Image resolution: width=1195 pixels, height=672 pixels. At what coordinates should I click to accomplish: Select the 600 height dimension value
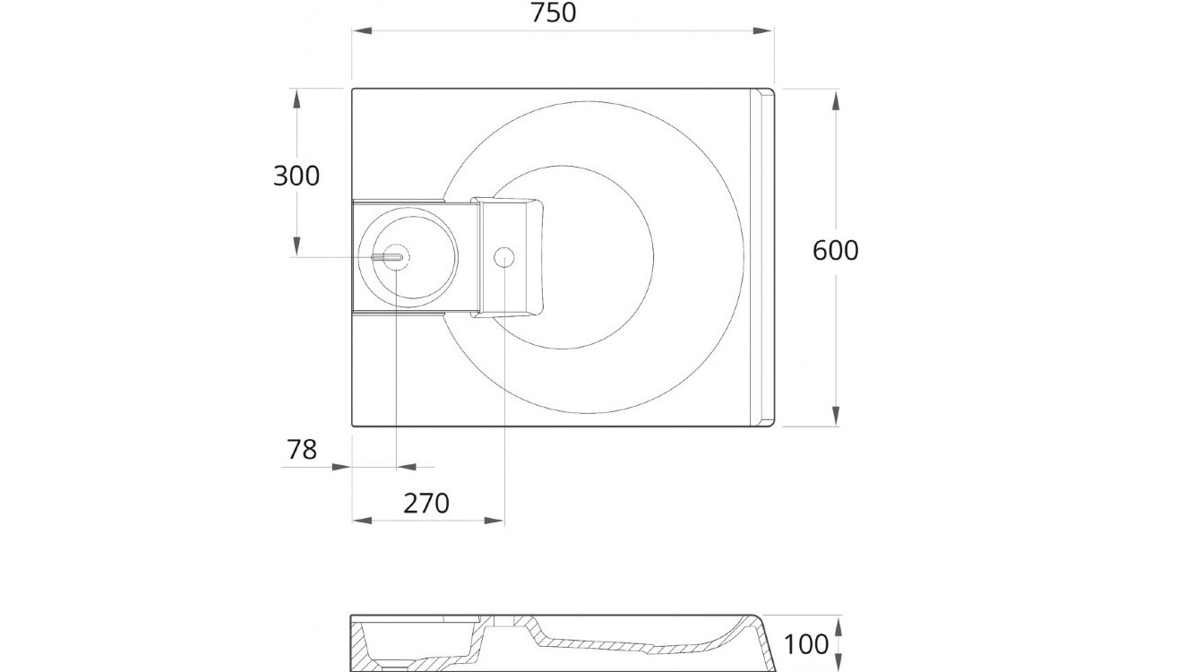coord(835,250)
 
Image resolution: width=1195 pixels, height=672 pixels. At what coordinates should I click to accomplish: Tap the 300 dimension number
coord(296,176)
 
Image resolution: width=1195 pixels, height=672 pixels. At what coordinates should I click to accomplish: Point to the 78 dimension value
coord(302,449)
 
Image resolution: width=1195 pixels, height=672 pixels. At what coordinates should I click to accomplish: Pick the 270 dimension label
coord(426,504)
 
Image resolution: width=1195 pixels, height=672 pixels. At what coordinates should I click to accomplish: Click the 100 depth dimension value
coord(807,644)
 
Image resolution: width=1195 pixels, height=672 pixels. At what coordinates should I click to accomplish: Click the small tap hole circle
coord(503,258)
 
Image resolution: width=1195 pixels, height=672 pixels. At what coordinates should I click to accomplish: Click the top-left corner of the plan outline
coord(353,89)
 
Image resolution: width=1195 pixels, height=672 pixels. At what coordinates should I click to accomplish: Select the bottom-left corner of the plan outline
coord(353,426)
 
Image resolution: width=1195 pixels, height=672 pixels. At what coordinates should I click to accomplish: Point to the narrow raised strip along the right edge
coord(766,257)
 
